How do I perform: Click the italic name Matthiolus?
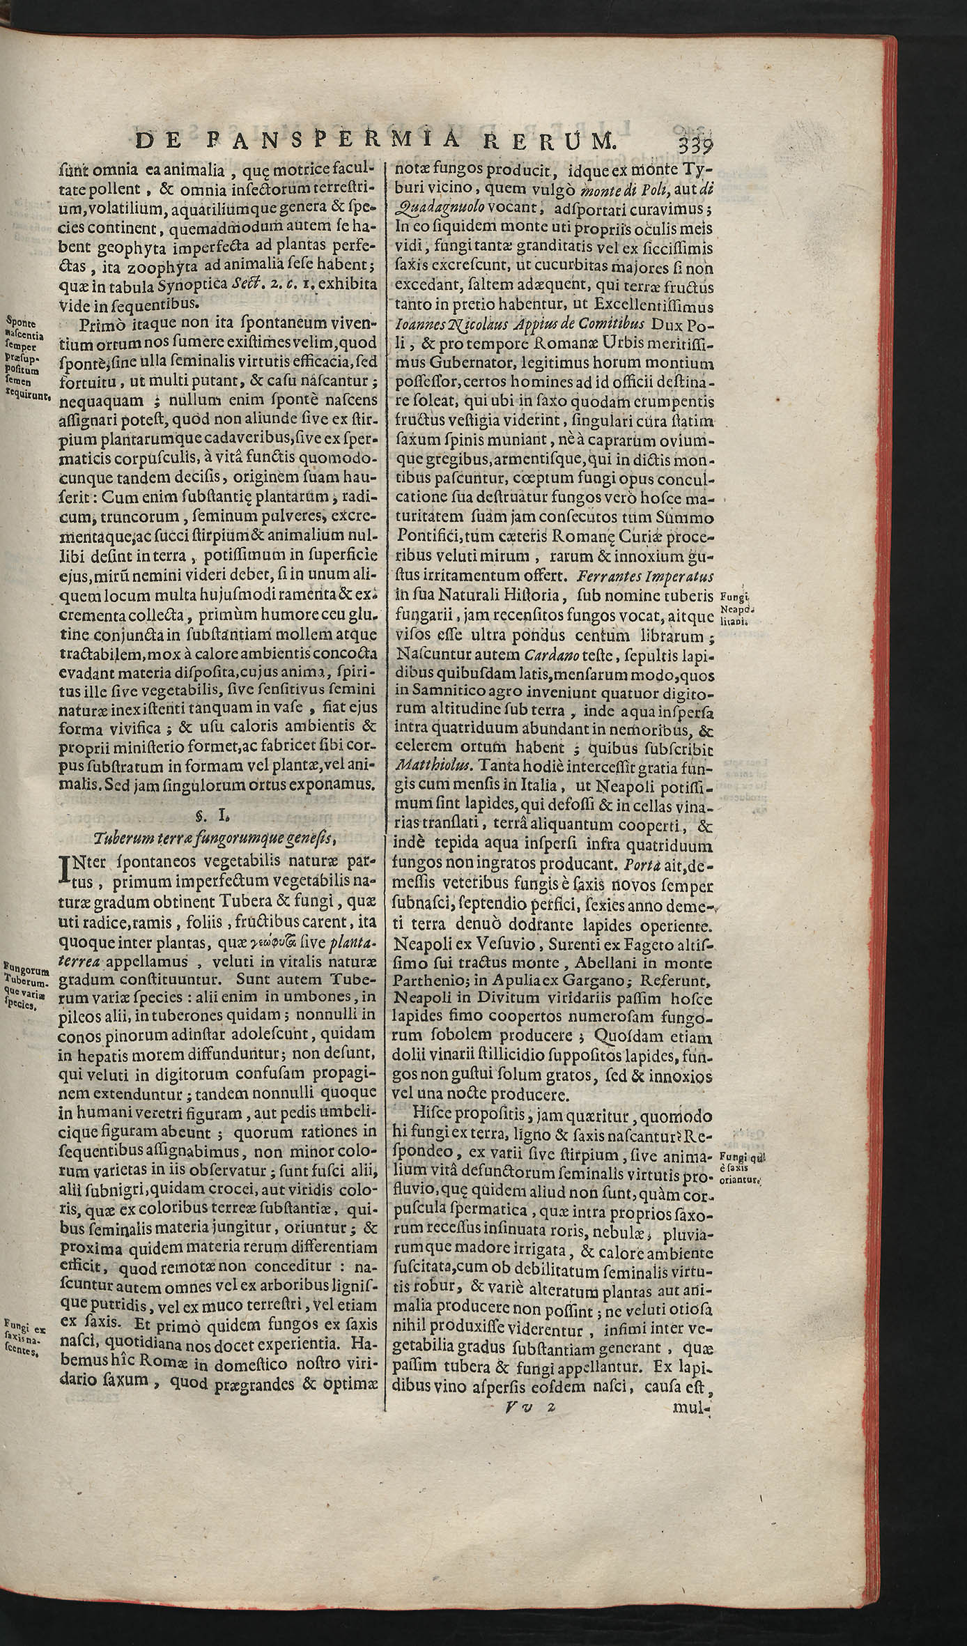click(x=428, y=765)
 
